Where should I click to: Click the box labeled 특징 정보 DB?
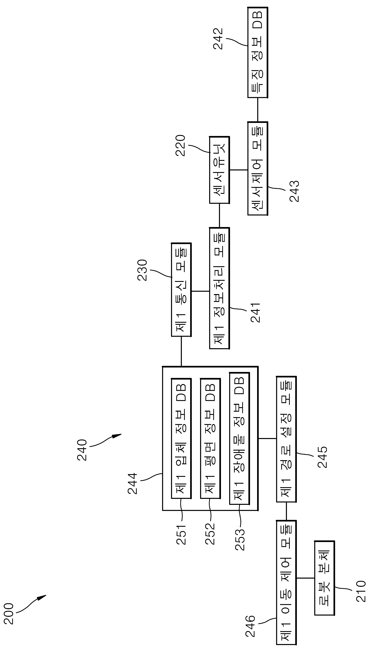point(257,52)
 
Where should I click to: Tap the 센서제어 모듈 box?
point(257,168)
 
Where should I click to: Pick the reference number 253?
point(240,536)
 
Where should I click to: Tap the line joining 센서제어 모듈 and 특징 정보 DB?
point(257,110)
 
